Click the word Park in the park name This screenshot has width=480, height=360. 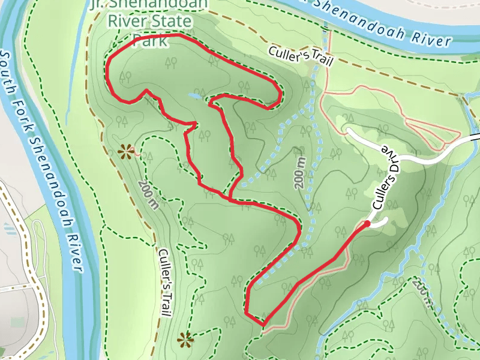click(150, 41)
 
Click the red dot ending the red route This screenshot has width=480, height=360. click(367, 223)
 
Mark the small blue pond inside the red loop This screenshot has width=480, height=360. click(195, 95)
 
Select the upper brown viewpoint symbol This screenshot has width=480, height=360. click(126, 151)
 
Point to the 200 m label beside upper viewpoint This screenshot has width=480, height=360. click(147, 195)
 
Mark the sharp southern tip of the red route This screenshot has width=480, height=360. click(263, 324)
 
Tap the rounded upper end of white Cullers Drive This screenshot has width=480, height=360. click(347, 130)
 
